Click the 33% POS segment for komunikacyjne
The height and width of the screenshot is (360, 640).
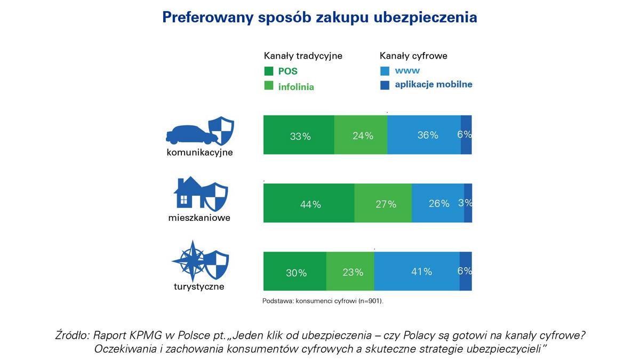pos(299,135)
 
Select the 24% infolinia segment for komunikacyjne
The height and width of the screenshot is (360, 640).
pos(361,135)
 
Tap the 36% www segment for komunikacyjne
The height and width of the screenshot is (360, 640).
pos(424,135)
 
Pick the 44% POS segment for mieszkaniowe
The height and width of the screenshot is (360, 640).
pos(309,203)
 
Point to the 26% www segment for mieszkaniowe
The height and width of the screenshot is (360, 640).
pos(438,203)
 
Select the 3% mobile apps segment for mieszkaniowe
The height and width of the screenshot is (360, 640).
pos(468,203)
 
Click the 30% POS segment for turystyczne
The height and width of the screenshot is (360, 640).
pos(295,271)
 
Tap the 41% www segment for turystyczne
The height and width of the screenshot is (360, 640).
pos(417,271)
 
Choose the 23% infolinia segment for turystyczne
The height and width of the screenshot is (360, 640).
pos(350,271)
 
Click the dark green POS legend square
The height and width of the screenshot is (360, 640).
pos(268,71)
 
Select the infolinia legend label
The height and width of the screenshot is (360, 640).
pos(296,86)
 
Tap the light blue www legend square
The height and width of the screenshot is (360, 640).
pos(385,71)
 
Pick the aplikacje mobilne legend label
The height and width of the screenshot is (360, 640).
pos(434,84)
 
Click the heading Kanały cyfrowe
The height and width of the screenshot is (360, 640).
pos(413,55)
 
